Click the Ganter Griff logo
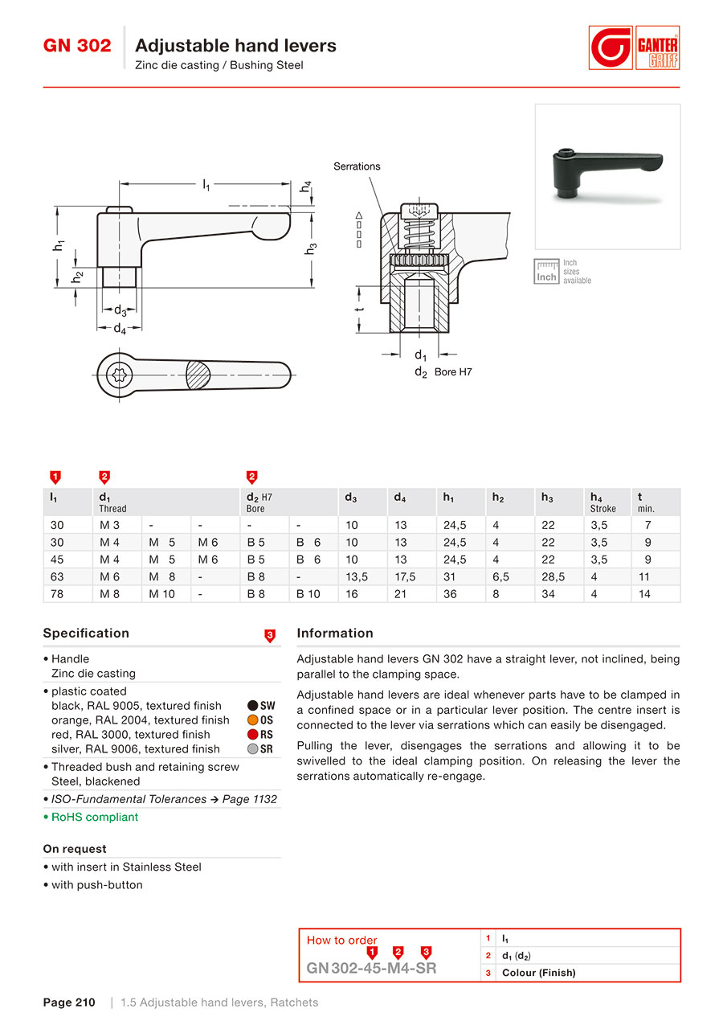tap(634, 48)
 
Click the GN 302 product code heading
tap(77, 46)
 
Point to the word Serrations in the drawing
tap(357, 166)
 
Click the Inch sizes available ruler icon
tap(547, 272)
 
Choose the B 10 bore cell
tap(308, 594)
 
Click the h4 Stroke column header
tap(603, 502)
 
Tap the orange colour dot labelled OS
tap(252, 720)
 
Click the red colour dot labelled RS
tap(252, 735)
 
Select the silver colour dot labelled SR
tap(252, 749)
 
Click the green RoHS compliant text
tap(95, 817)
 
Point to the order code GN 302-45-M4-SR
tap(372, 968)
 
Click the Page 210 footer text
tap(69, 1002)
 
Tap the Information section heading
tap(335, 633)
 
